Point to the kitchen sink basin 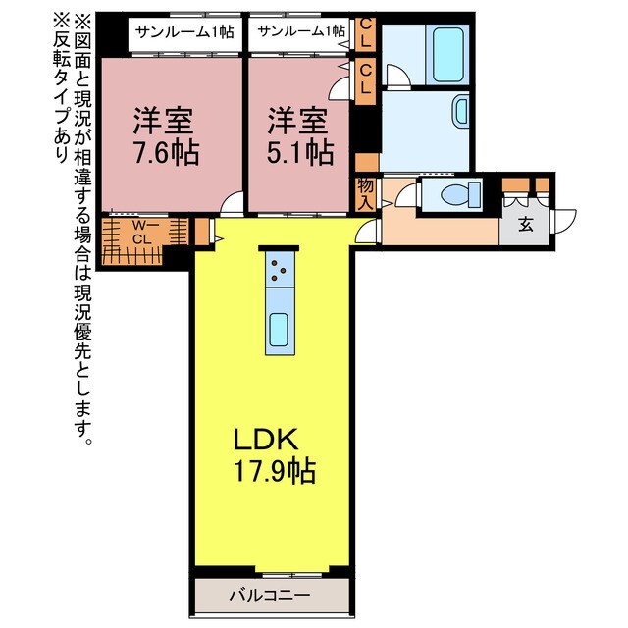(279, 328)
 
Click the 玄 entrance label (525, 225)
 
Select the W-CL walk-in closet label (141, 232)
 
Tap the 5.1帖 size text (299, 153)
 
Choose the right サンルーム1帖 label (301, 30)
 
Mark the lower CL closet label (365, 78)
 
